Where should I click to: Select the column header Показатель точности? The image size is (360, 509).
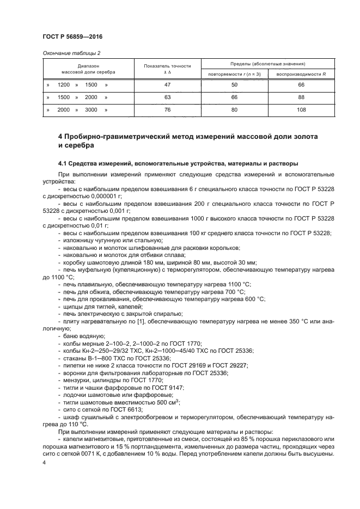click(x=167, y=66)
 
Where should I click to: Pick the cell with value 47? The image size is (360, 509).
click(x=167, y=85)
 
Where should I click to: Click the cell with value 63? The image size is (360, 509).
click(x=167, y=97)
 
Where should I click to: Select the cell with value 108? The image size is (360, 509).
click(x=301, y=109)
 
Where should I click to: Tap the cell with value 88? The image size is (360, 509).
click(x=301, y=97)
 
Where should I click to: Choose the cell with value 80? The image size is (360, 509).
click(x=235, y=109)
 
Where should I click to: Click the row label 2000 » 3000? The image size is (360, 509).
click(x=78, y=109)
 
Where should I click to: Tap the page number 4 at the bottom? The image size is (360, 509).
click(x=44, y=462)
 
